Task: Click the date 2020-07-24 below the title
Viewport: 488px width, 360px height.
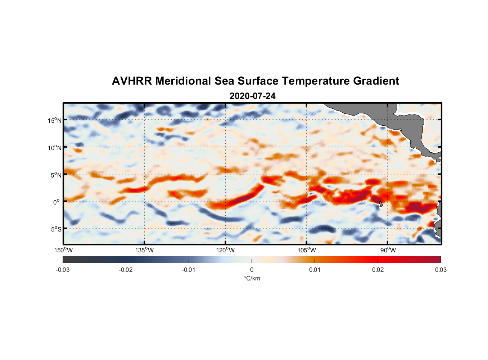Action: point(252,96)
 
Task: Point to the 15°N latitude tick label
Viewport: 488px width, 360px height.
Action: point(55,120)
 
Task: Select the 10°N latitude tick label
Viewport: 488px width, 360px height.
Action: point(55,148)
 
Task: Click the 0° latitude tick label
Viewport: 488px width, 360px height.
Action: point(57,202)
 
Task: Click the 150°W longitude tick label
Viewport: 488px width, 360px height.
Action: point(63,250)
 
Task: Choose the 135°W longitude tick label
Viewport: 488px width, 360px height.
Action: point(144,250)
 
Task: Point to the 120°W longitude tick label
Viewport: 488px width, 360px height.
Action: point(225,250)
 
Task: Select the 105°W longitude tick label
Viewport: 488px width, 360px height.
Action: point(307,250)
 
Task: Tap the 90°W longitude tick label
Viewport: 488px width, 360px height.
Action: point(388,250)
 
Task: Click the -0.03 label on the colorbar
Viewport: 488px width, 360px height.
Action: point(63,270)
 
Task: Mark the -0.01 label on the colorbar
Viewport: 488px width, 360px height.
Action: point(189,270)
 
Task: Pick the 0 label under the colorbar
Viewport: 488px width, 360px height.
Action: point(252,270)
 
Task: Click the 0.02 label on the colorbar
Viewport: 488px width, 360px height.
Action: point(378,270)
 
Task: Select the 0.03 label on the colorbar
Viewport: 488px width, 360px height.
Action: point(440,270)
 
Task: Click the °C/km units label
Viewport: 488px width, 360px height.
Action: point(252,278)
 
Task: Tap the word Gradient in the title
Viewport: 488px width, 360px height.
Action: point(376,81)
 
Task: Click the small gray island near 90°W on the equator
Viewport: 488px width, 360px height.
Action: point(381,204)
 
